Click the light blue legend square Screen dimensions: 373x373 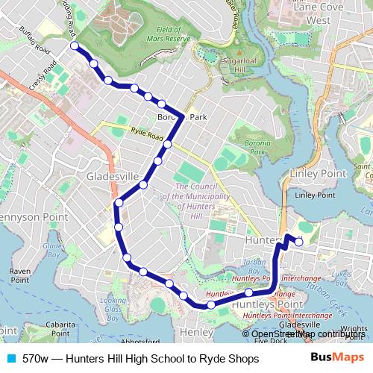coord(10,359)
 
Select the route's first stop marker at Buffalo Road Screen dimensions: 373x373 coord(75,46)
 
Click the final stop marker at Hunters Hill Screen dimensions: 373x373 coord(298,241)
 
